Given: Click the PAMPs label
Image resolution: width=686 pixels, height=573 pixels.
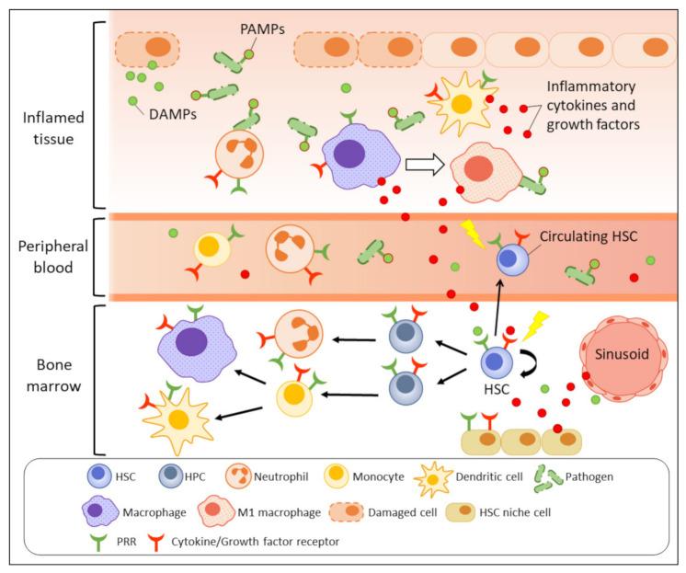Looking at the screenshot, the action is click(262, 29).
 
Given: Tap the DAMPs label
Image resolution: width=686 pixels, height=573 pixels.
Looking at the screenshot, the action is click(173, 114).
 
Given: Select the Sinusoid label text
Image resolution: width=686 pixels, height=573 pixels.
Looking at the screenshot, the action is click(622, 354).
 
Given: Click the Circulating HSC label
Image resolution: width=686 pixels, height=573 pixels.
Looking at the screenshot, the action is click(589, 236).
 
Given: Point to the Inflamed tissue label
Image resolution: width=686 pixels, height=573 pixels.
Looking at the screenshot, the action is click(53, 128).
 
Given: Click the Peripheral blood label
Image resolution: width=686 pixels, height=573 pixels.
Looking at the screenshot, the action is click(53, 257).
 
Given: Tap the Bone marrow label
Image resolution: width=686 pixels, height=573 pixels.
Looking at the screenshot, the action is click(54, 375).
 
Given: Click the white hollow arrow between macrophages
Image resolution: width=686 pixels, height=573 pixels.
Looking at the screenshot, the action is click(425, 165).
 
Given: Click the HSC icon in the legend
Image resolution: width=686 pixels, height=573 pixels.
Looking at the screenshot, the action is click(99, 476).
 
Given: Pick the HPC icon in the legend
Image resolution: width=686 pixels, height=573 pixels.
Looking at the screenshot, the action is click(170, 476).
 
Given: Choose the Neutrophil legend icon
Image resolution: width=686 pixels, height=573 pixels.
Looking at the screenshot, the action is click(238, 476).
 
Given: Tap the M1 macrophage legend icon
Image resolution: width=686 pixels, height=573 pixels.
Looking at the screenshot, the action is click(214, 511).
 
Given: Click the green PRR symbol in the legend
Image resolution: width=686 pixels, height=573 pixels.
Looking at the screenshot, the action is click(99, 542).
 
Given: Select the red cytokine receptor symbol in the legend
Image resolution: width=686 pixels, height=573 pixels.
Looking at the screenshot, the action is click(155, 542).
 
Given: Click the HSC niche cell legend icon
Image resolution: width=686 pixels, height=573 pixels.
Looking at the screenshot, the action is click(461, 512).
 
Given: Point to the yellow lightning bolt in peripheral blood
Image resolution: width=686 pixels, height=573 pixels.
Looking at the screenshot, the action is click(473, 234).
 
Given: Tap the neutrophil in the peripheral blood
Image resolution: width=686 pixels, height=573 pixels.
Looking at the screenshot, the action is click(290, 248).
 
